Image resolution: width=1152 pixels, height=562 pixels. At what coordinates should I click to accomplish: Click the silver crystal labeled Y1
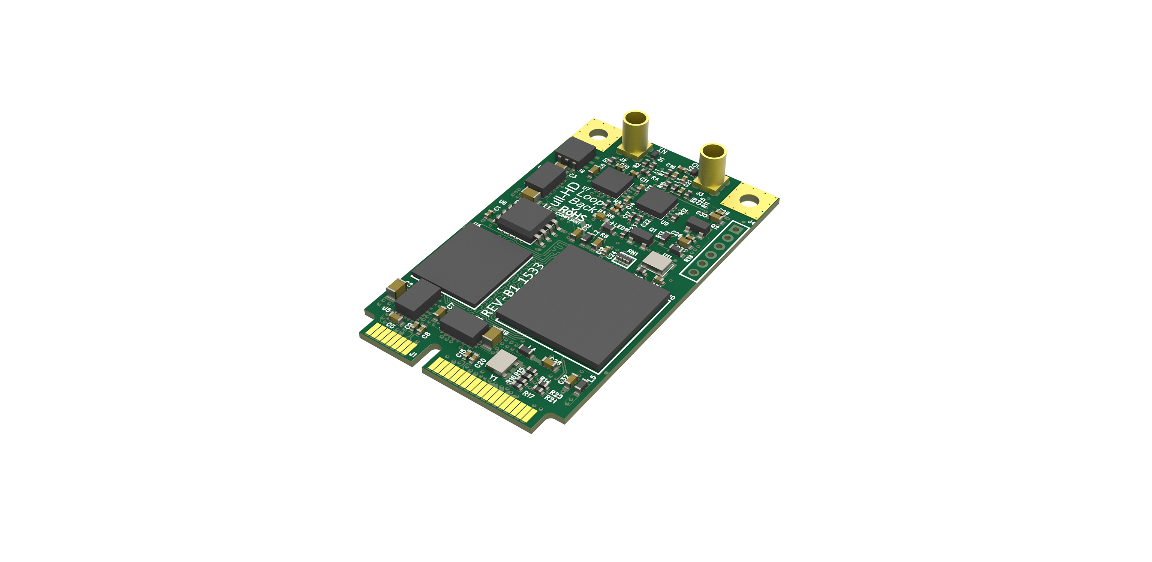click(501, 361)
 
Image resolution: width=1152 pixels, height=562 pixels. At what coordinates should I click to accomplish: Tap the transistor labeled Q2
click(698, 226)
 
